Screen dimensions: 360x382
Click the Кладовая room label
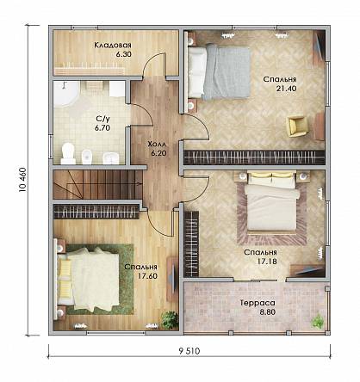click(113, 45)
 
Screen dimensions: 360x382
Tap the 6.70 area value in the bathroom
click(102, 128)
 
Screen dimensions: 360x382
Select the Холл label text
click(157, 144)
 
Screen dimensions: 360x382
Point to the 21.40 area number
click(286, 89)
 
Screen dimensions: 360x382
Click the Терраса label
click(258, 303)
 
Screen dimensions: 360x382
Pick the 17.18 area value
click(267, 262)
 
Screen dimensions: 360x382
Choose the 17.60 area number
click(147, 276)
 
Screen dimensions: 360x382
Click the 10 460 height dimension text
click(22, 180)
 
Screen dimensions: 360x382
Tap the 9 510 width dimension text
click(189, 351)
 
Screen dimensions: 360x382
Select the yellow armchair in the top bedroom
click(298, 126)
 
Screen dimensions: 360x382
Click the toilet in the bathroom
click(68, 153)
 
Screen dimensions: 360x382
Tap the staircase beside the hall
click(97, 184)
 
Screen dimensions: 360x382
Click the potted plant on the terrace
click(318, 321)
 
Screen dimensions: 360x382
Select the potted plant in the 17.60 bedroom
click(170, 319)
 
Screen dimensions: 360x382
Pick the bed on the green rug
click(88, 279)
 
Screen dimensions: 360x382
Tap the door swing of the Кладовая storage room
click(154, 65)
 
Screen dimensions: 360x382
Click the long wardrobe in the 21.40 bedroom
click(254, 157)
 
